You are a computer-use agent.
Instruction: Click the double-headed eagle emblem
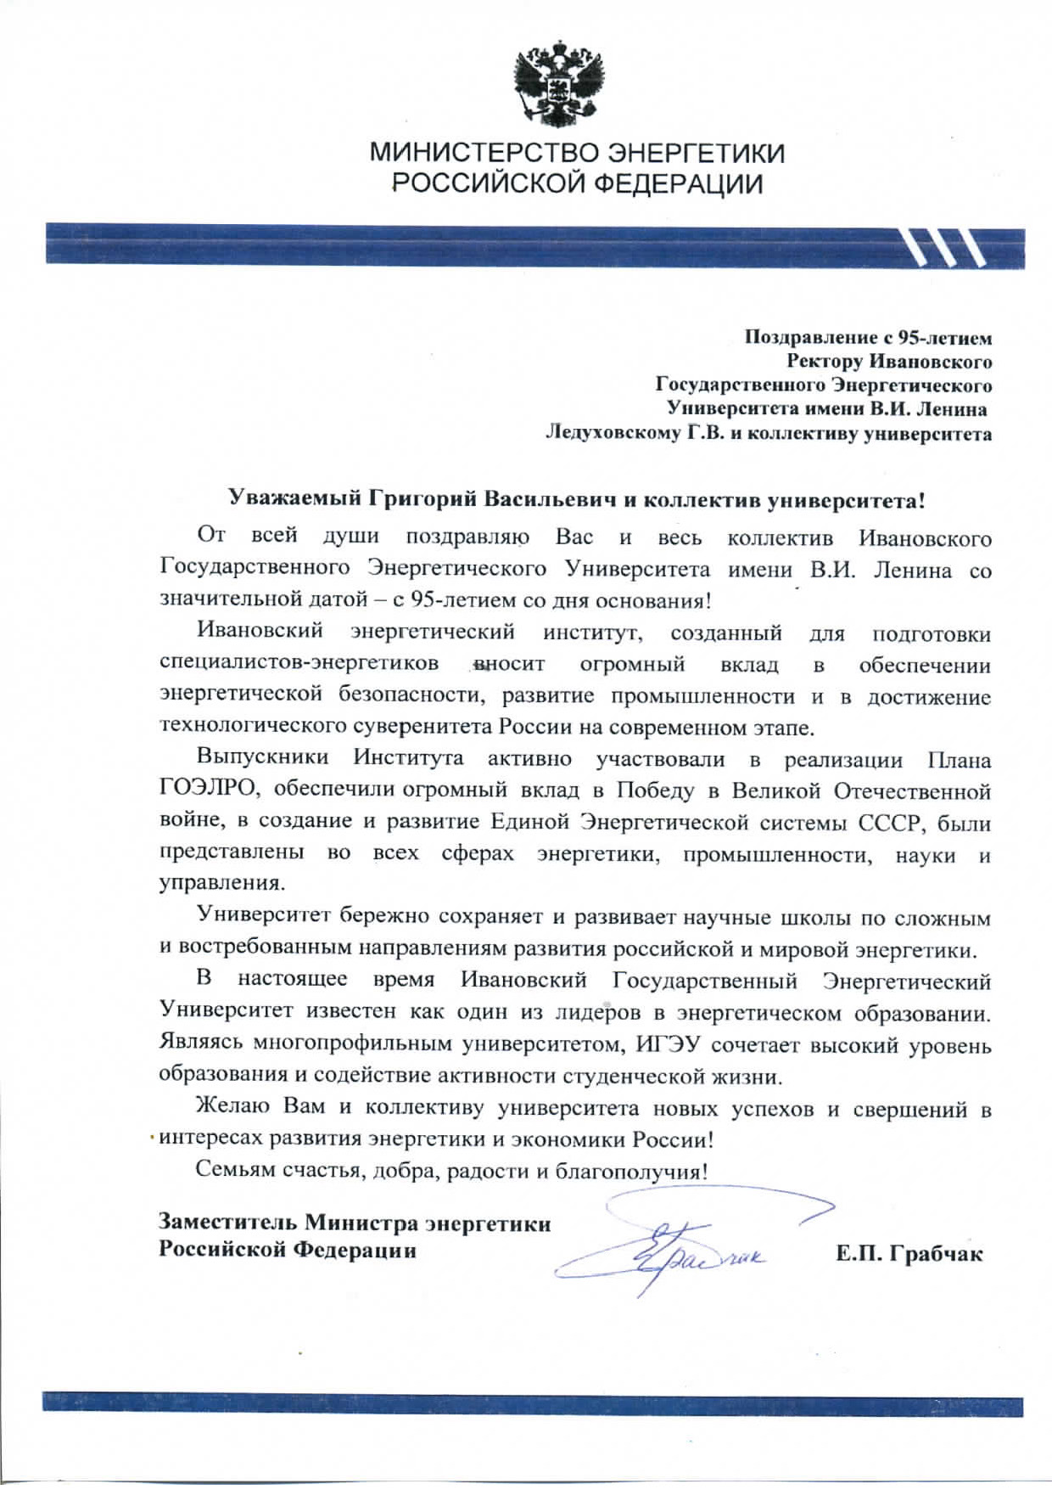561,82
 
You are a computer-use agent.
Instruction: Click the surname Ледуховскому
613,434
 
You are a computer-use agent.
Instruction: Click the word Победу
655,790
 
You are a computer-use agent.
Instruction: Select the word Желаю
232,1107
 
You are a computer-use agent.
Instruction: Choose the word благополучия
630,1172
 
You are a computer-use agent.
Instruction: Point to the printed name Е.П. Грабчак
909,1254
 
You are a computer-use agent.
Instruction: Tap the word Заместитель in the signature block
228,1223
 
